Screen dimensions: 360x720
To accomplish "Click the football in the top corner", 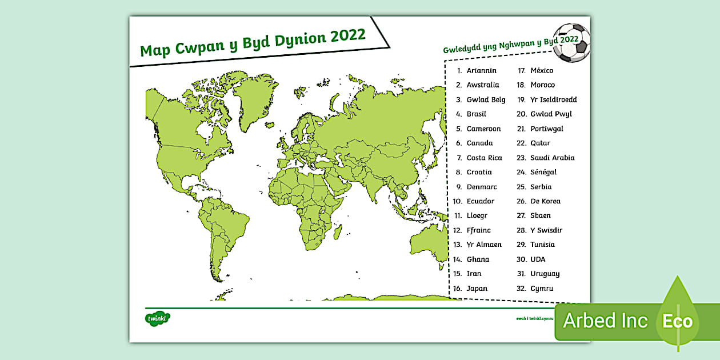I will (572, 42).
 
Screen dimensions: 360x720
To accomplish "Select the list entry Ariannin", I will (481, 70).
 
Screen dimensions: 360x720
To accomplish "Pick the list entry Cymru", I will (542, 288).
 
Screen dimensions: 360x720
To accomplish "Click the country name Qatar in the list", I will (540, 143).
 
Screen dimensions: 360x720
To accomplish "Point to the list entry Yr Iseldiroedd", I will (553, 99).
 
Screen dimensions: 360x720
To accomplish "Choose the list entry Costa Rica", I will (484, 158).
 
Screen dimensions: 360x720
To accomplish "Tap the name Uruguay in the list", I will (545, 274).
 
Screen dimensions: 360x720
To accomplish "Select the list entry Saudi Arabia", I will (552, 158).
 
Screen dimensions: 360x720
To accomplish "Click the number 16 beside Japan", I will (457, 289).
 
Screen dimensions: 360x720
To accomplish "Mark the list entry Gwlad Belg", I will (486, 99).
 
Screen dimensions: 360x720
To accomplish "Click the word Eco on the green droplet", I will (677, 321).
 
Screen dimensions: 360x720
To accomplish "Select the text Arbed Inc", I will (605, 321).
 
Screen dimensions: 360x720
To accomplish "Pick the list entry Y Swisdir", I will (546, 230).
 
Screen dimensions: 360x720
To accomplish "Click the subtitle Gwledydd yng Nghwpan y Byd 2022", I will (509, 46).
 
